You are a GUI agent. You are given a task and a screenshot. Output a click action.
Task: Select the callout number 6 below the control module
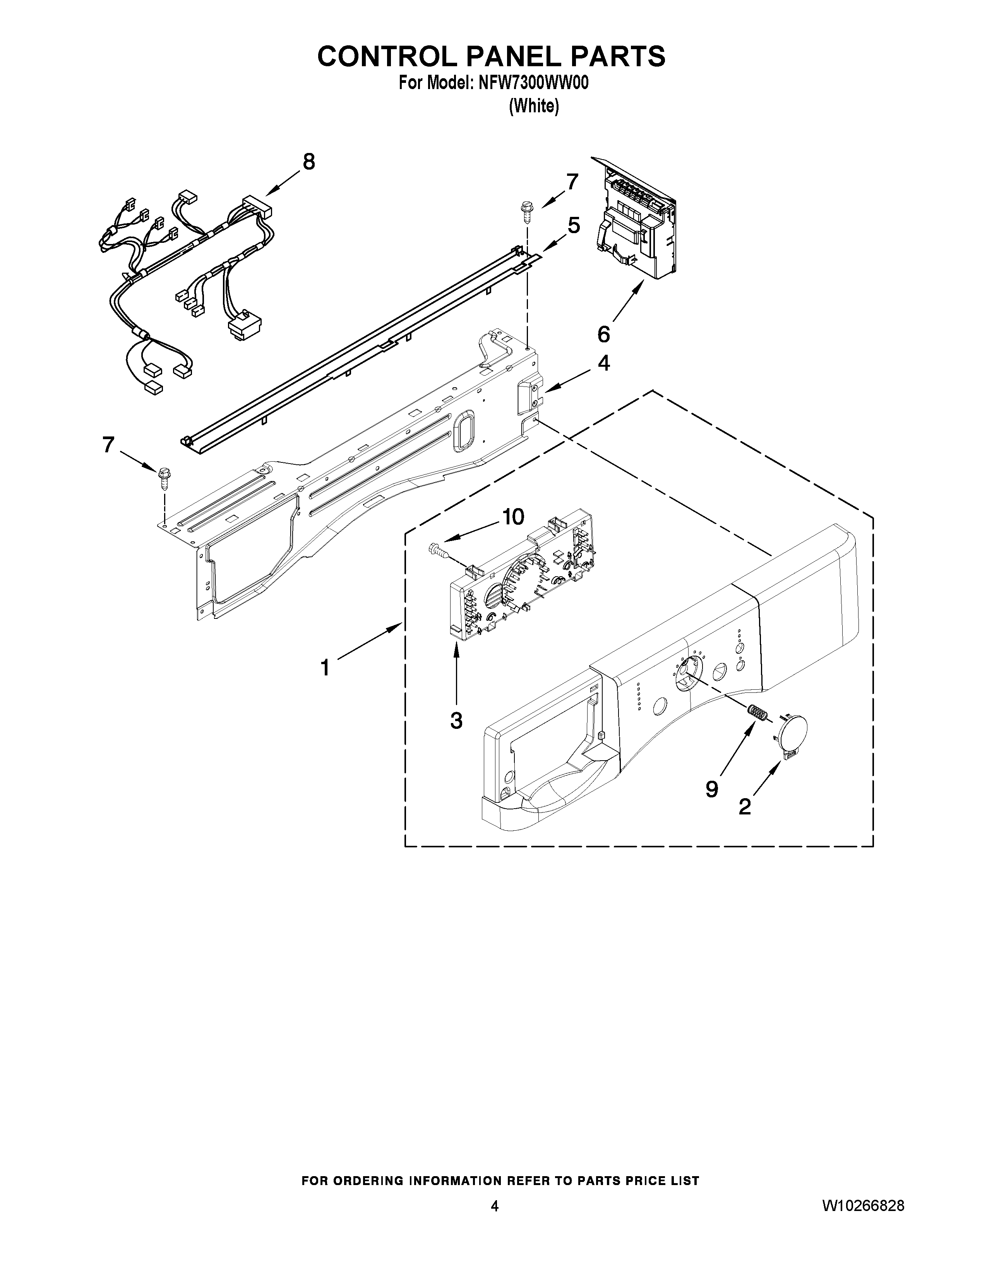pyautogui.click(x=603, y=334)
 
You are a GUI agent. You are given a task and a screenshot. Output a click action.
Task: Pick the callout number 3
pyautogui.click(x=456, y=720)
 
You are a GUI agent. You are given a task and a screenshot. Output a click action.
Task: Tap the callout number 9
pyautogui.click(x=711, y=789)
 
